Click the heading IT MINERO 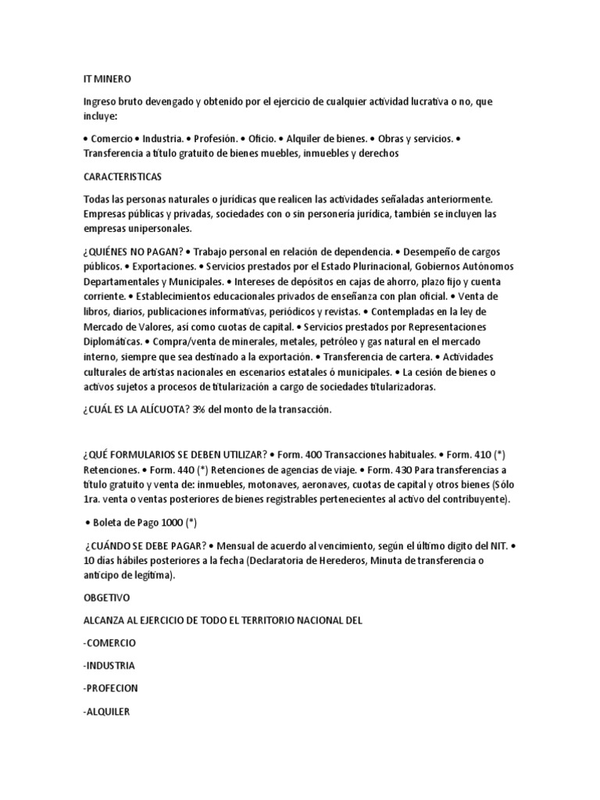point(107,79)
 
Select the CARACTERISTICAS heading point(123,177)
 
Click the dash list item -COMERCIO point(109,642)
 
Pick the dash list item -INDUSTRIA point(109,666)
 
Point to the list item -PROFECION point(111,689)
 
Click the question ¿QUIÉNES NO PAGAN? point(135,252)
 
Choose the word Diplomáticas point(112,341)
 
